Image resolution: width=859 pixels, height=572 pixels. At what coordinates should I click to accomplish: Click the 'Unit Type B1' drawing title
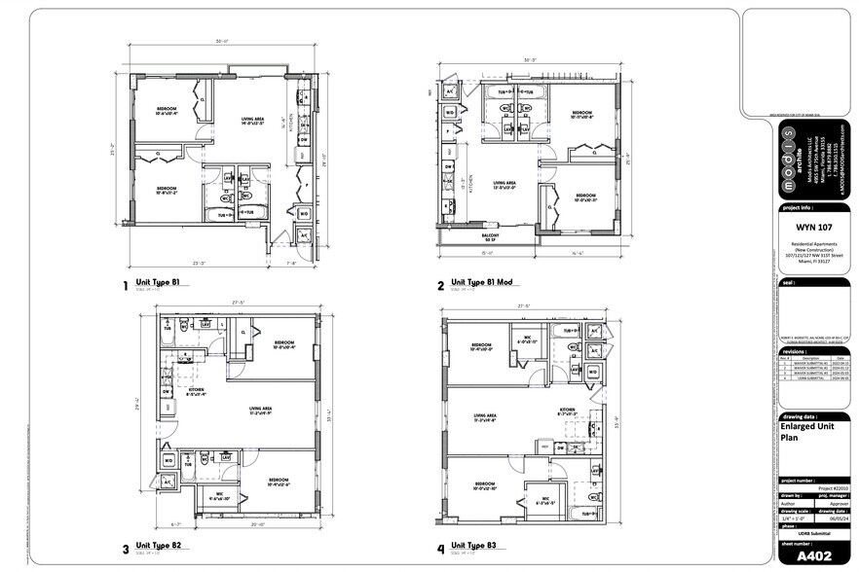coord(162,283)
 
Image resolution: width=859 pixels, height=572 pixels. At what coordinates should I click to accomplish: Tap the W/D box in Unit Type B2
coord(168,460)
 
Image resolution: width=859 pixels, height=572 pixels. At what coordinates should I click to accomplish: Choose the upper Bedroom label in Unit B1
coord(168,109)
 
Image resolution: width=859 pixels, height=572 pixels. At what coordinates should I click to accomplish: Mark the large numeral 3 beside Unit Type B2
coord(126,549)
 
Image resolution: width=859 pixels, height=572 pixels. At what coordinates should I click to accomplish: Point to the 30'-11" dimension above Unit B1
coord(222,42)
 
